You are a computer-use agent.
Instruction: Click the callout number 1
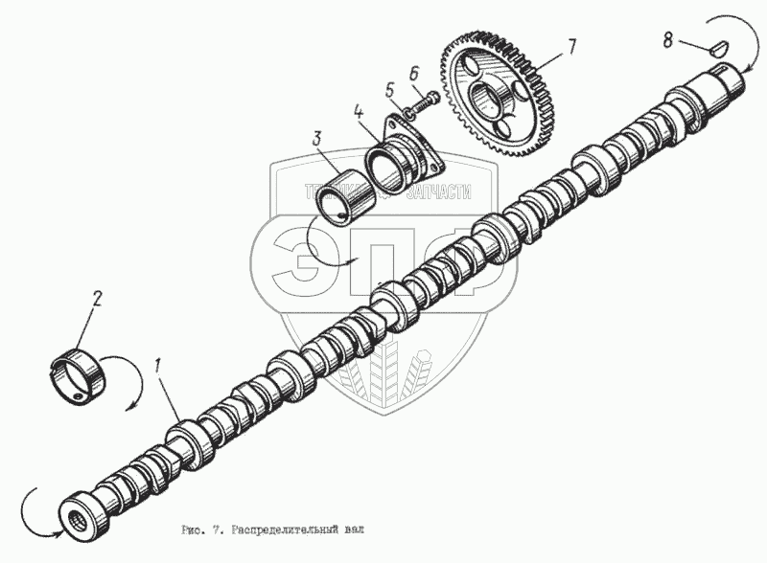click(x=158, y=364)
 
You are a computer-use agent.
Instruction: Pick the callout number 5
click(x=389, y=89)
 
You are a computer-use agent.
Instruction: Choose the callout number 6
click(x=412, y=73)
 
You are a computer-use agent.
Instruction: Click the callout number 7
click(x=570, y=45)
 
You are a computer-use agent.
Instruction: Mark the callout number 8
click(x=668, y=40)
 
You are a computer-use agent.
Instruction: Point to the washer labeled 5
click(x=407, y=113)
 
